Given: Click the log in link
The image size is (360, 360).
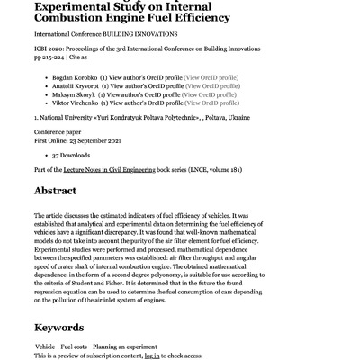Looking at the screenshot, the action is pyautogui.click(x=153, y=356).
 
